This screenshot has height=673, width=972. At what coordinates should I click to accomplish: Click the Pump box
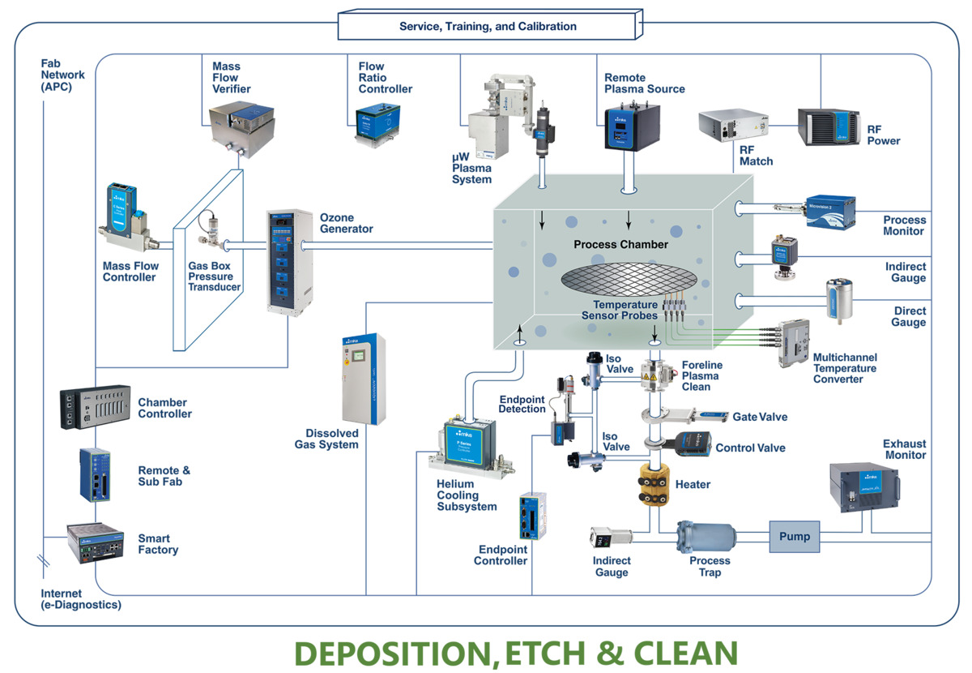click(x=794, y=536)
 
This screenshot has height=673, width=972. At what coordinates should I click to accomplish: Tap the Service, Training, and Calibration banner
click(x=488, y=26)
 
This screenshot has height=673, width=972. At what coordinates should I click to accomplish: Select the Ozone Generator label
click(x=347, y=223)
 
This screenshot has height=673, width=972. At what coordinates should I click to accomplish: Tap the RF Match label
click(x=756, y=155)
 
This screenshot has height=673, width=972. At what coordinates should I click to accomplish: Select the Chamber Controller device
click(x=95, y=407)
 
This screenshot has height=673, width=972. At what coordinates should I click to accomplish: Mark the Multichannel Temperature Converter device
click(x=791, y=341)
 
